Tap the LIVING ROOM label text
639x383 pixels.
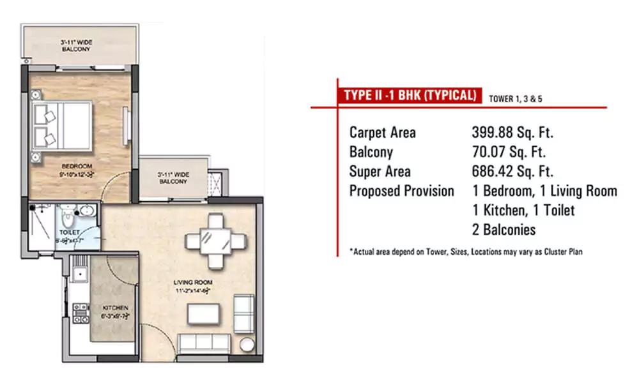[x=193, y=282]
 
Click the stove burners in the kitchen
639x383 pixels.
[x=80, y=312]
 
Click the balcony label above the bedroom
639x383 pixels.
[x=76, y=45]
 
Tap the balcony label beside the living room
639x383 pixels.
[x=173, y=177]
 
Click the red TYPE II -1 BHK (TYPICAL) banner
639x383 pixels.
[x=410, y=96]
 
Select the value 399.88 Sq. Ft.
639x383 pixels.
[x=512, y=133]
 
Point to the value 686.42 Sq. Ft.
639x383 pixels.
[x=512, y=172]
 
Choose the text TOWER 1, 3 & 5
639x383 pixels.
[x=515, y=99]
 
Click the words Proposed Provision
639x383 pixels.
[x=401, y=191]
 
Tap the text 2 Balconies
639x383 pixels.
[x=503, y=229]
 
